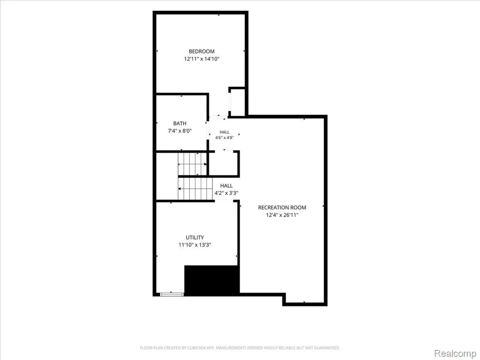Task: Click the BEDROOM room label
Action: pos(202,52)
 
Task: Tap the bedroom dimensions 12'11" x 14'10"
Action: pos(202,59)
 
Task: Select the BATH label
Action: pos(180,123)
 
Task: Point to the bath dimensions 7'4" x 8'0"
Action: pos(180,131)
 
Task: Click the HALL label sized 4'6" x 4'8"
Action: pos(225,132)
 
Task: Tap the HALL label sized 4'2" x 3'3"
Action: pos(226,186)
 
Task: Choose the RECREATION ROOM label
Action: pos(282,208)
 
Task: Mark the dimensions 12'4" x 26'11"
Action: pos(282,215)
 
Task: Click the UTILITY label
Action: pos(195,238)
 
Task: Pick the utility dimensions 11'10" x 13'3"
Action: pos(195,245)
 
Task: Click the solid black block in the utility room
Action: pos(211,280)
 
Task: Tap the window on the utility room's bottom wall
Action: pos(172,294)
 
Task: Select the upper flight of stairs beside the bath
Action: pos(192,164)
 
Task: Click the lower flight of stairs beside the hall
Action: pos(195,188)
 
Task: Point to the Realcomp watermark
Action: pos(455,353)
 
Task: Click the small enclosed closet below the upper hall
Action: pos(223,164)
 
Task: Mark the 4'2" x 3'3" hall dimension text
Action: pos(226,193)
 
